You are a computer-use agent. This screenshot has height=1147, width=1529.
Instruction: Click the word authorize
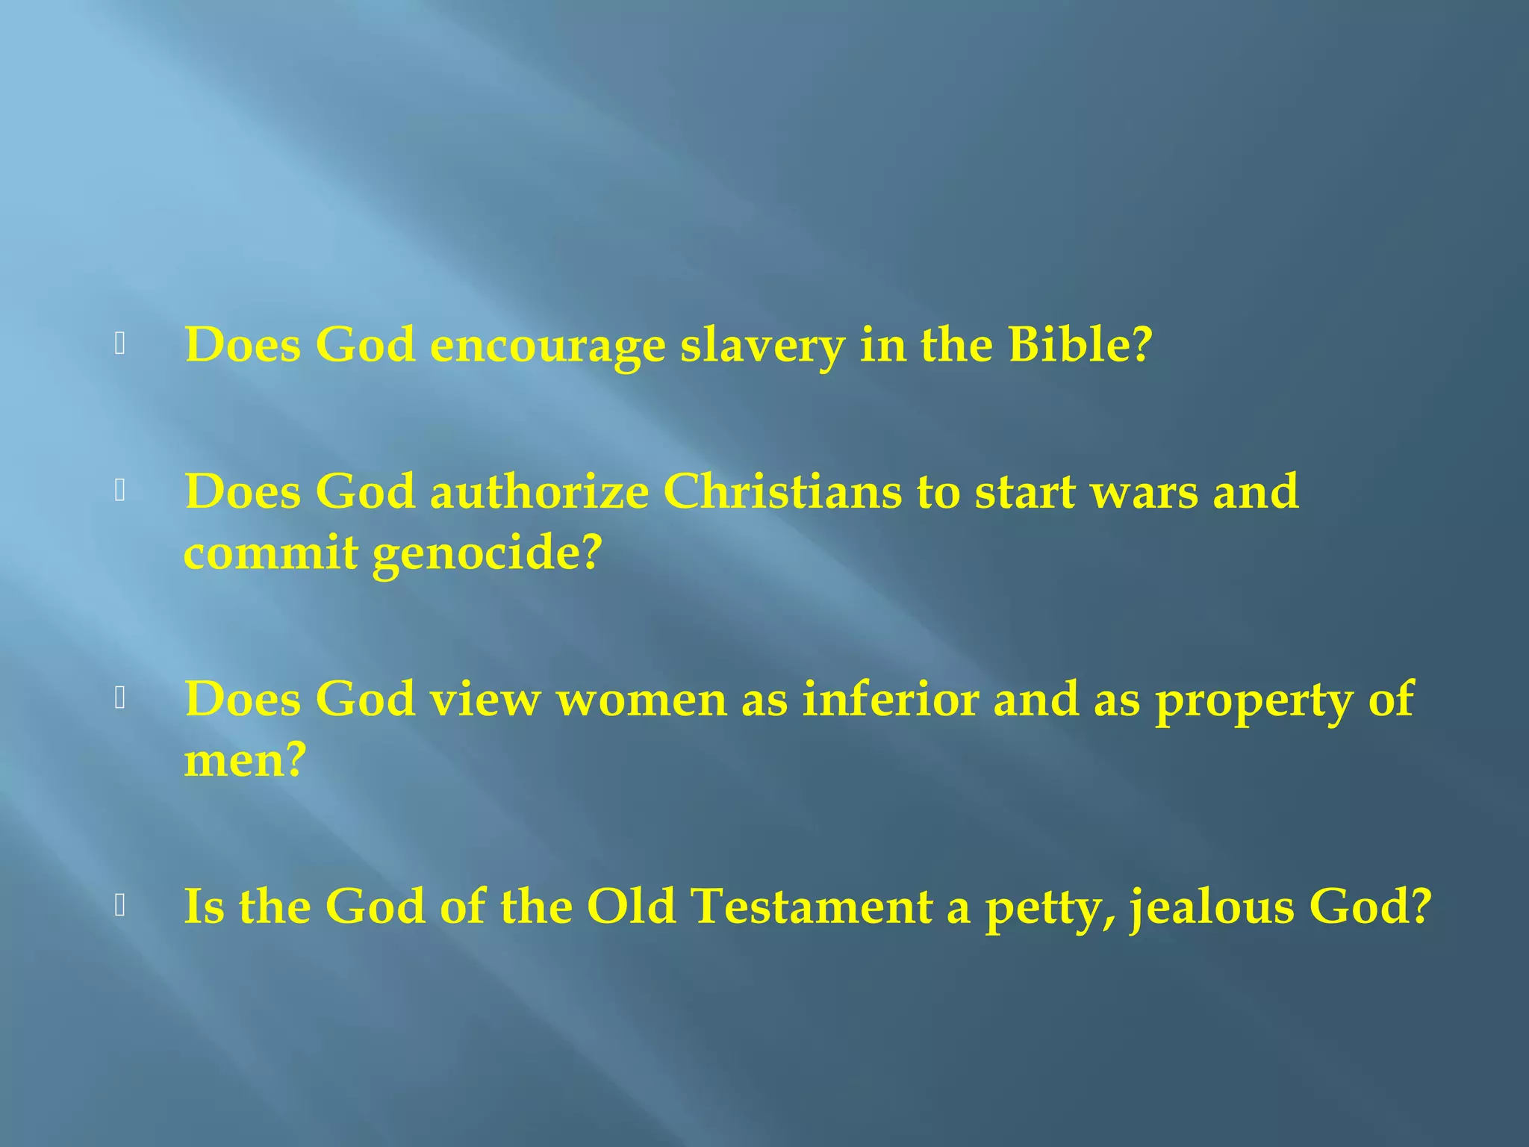point(539,492)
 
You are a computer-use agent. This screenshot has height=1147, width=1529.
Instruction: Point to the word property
point(1254,701)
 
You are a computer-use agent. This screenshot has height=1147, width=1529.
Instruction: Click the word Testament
point(812,907)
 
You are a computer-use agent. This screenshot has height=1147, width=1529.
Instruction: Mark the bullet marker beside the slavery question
point(119,344)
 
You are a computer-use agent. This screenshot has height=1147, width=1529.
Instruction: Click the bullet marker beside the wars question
point(119,491)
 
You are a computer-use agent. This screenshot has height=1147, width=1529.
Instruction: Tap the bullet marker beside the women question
point(119,698)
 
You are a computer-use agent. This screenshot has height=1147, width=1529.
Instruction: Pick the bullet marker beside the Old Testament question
point(119,905)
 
